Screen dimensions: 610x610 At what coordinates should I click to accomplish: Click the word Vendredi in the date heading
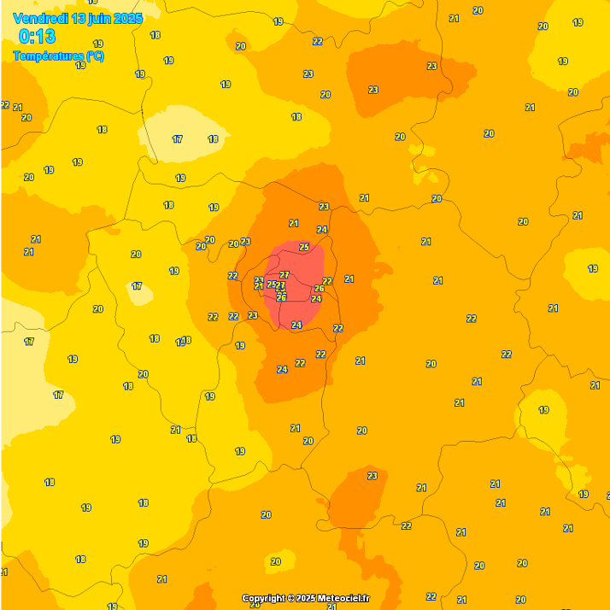coord(41,18)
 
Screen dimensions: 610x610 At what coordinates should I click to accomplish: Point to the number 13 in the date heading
coord(79,18)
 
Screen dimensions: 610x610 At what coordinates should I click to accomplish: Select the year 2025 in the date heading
coord(129,18)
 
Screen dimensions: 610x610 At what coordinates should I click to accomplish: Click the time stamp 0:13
coord(37,37)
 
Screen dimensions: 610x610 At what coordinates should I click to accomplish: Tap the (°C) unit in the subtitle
coord(95,56)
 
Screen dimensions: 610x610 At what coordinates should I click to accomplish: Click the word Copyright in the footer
coord(263,598)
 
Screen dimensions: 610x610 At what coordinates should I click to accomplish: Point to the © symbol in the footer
coord(290,598)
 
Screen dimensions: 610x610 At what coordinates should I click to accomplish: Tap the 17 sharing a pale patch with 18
coord(177,139)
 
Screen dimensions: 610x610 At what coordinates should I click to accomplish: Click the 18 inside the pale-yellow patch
coord(213,139)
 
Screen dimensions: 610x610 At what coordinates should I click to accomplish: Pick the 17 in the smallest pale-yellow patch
coord(137,286)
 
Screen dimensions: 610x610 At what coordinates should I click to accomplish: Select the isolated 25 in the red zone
coord(304,247)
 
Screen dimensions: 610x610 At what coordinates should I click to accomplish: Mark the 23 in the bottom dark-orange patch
coord(372,476)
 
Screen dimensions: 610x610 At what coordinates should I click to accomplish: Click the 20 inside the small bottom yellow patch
coord(275,561)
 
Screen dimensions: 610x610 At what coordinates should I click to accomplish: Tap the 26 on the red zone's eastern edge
coord(320,289)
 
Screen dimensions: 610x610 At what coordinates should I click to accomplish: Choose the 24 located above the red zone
coord(321,230)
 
